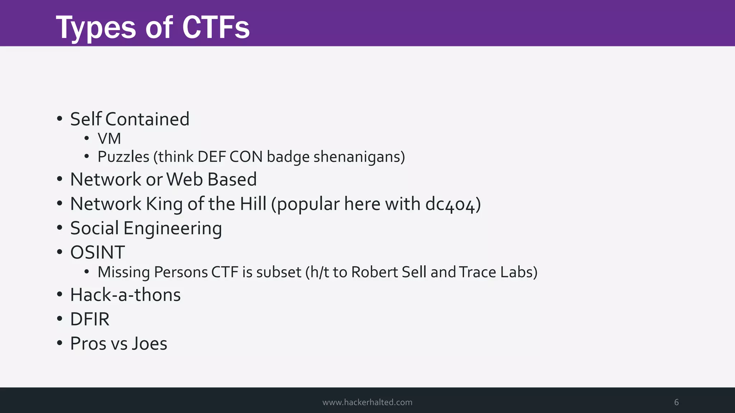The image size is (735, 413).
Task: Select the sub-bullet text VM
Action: click(109, 139)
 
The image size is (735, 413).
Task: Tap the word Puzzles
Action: click(123, 157)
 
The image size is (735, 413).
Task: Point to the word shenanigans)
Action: click(359, 157)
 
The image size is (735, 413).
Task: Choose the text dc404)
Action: click(453, 204)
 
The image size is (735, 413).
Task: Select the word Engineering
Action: click(173, 228)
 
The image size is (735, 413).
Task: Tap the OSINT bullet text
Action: click(98, 252)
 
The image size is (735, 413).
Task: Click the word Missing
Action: click(123, 272)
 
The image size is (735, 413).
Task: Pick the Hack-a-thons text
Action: click(125, 295)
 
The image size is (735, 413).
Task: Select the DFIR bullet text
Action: click(90, 319)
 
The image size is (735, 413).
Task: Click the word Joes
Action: click(149, 343)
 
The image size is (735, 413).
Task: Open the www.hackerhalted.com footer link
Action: click(367, 402)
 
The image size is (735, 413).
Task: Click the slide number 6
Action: click(676, 402)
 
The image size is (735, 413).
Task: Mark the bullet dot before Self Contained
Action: click(60, 119)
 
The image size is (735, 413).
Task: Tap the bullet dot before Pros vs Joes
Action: click(60, 343)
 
